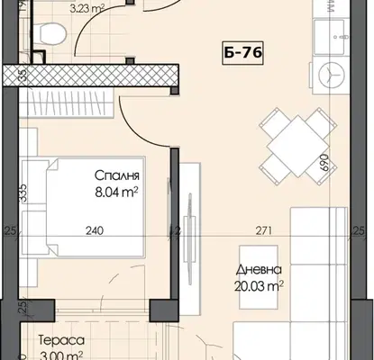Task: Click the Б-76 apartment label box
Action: tap(242, 53)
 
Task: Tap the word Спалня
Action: tap(117, 175)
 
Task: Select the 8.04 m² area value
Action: tap(116, 192)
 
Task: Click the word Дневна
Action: tap(259, 270)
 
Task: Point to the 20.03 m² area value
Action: tap(259, 286)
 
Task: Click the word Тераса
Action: tap(61, 340)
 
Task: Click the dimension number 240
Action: tap(95, 230)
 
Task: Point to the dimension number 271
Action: tap(264, 230)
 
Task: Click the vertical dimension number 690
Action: tap(324, 162)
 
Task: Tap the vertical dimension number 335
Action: tap(23, 193)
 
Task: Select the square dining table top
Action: tap(297, 146)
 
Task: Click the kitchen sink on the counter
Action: tap(332, 37)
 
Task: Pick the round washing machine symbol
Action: tap(331, 75)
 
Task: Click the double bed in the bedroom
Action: tap(96, 207)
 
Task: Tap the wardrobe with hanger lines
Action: tap(67, 103)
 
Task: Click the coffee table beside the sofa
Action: tap(259, 277)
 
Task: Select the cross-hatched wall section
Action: tap(91, 75)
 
